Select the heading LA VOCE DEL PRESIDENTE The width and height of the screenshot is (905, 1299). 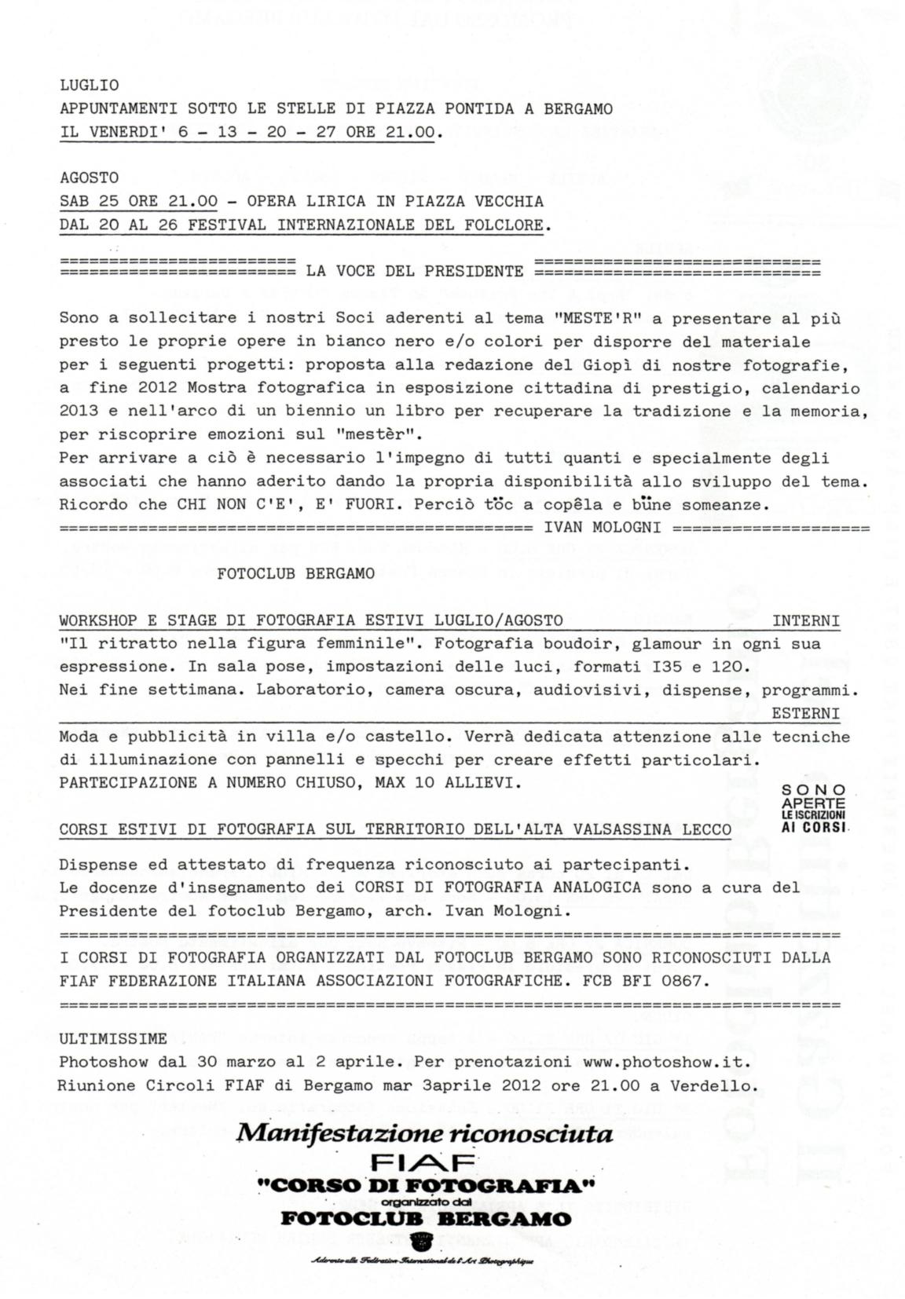pos(414,272)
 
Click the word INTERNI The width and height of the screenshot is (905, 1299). pos(805,621)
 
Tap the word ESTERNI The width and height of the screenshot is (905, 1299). pos(805,714)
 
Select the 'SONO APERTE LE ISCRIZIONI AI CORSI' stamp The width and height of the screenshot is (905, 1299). pos(814,808)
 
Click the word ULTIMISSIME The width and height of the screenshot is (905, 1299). pos(113,1039)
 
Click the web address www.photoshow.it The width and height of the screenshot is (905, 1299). pos(666,1062)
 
